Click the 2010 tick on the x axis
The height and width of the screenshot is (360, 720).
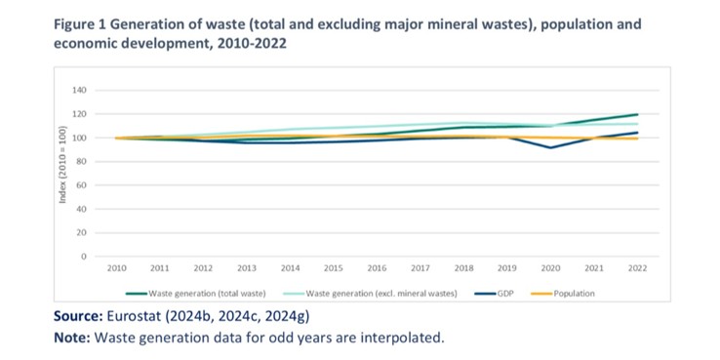[117, 267]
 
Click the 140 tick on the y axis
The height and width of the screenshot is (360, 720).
[80, 91]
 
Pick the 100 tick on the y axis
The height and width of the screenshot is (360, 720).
[80, 139]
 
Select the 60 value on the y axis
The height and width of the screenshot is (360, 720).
[82, 185]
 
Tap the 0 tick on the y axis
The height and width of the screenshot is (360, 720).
[85, 257]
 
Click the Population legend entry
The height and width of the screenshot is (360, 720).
[574, 292]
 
